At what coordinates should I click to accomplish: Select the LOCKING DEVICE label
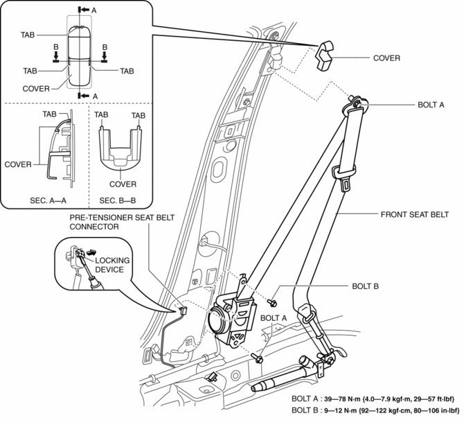click(111, 265)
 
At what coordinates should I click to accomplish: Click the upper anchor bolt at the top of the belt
click(357, 103)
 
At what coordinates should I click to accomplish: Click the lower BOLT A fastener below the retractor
click(257, 357)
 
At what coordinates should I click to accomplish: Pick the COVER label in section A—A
click(18, 164)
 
